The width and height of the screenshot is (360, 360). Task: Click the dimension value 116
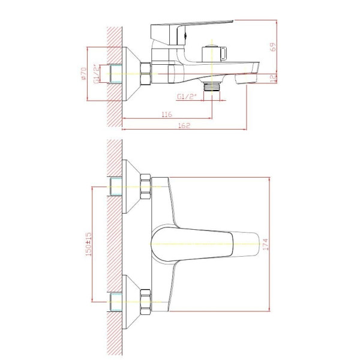click(x=167, y=114)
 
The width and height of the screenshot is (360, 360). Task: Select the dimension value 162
click(x=184, y=125)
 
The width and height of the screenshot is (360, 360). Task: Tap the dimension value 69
click(x=273, y=47)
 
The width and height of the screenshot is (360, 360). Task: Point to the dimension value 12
click(x=273, y=78)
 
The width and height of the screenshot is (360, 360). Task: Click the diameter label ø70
click(x=83, y=73)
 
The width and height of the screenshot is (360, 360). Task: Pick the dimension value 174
click(x=265, y=245)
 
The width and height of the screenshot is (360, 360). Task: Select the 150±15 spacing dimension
click(x=88, y=244)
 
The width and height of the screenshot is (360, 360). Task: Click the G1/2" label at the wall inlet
click(x=97, y=74)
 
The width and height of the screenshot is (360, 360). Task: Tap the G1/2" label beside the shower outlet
click(x=187, y=97)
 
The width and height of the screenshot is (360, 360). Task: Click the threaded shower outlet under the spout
click(x=212, y=86)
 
